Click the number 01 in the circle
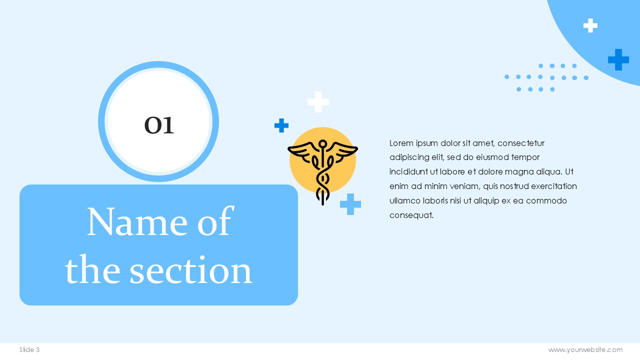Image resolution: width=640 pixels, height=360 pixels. (159, 125)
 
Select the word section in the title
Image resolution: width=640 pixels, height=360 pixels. (191, 270)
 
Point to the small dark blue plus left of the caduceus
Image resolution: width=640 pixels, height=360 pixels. (281, 125)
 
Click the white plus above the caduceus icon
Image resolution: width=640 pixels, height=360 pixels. (318, 102)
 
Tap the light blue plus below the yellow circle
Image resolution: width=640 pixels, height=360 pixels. (350, 204)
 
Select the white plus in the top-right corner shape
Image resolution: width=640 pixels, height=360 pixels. (590, 25)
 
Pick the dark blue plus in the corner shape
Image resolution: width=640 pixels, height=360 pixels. (618, 59)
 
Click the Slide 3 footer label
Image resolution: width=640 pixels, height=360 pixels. (29, 349)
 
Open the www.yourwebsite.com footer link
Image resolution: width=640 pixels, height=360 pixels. (585, 349)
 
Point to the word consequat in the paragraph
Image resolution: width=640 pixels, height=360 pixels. (411, 215)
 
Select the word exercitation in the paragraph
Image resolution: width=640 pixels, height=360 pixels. (554, 186)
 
